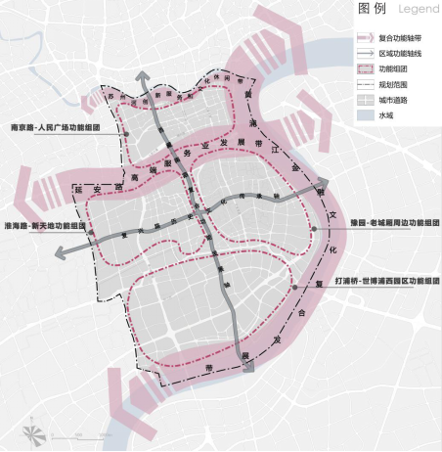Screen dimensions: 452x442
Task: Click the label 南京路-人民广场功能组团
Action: (x=60, y=128)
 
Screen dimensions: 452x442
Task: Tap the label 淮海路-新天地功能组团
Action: (x=45, y=226)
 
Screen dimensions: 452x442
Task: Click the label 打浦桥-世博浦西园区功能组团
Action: (x=382, y=281)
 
